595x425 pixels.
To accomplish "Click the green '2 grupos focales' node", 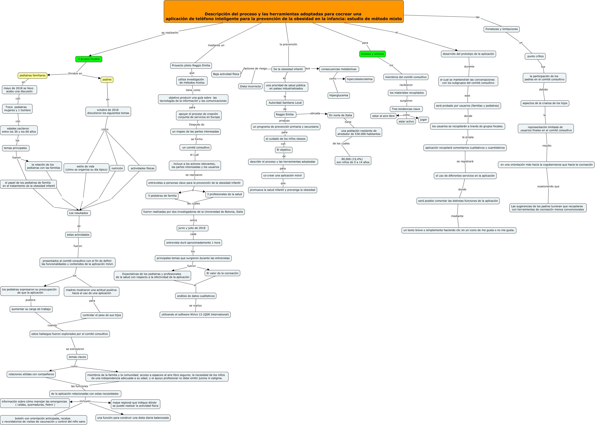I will tap(89, 59).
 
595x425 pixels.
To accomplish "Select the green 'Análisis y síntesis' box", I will tap(372, 54).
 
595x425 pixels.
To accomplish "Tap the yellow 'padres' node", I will tap(107, 80).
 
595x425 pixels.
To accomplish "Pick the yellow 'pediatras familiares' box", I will tap(32, 76).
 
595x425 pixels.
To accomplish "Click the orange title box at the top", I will tap(284, 12).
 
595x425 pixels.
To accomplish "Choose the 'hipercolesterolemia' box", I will tap(359, 79).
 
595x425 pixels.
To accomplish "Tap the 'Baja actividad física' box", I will tap(226, 74).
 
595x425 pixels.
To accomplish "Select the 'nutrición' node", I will tap(117, 168).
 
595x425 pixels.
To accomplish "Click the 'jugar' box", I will tap(423, 120).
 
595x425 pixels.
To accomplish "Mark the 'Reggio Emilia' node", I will tap(285, 114).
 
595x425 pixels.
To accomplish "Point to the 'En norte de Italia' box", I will tap(340, 116).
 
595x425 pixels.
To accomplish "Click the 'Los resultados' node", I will tap(78, 213).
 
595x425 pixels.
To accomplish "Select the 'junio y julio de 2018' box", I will tap(192, 228).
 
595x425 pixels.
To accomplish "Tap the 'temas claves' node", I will tap(77, 357).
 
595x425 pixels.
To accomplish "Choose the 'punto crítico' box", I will tap(535, 56).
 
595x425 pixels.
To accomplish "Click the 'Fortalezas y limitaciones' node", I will tap(501, 29).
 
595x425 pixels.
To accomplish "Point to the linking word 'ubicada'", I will tap(315, 113).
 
